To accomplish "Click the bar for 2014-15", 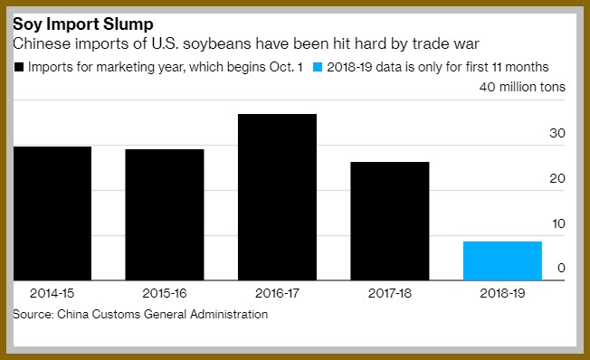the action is click(52, 213).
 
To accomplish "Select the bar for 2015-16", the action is click(165, 214).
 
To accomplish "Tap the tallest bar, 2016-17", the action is click(277, 197).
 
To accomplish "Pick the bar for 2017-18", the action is click(390, 221).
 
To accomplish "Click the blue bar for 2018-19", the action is click(503, 261).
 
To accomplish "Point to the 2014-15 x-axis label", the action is click(52, 293).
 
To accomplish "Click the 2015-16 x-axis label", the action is click(165, 293).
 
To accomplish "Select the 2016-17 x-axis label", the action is click(277, 293).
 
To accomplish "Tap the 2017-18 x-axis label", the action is click(390, 293).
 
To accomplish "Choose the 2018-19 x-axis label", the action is click(502, 293).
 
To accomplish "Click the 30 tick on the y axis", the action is click(557, 133).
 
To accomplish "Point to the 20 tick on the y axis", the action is click(557, 178).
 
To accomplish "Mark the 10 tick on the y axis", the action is click(558, 223).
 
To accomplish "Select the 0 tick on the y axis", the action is click(561, 268).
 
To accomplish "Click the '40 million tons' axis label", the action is click(522, 87).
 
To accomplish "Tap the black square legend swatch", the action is click(19, 67).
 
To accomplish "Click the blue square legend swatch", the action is click(318, 67).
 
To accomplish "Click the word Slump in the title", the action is click(128, 24).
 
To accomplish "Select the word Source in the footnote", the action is click(33, 314).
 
